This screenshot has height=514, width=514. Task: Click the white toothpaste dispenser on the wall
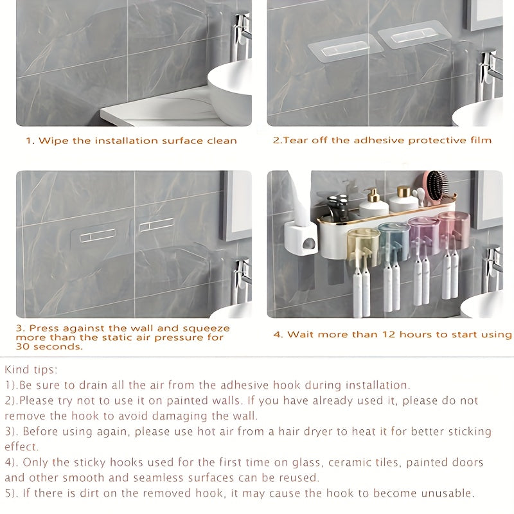(x=301, y=238)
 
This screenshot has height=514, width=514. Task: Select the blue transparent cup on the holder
(x=393, y=240)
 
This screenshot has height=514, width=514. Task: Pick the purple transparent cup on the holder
(x=423, y=235)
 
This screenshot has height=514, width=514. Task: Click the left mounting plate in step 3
(x=98, y=235)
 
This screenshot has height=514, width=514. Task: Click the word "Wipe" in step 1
(x=52, y=141)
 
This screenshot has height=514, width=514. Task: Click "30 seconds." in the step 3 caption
(x=50, y=347)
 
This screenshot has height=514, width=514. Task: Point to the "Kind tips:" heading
(x=31, y=369)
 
